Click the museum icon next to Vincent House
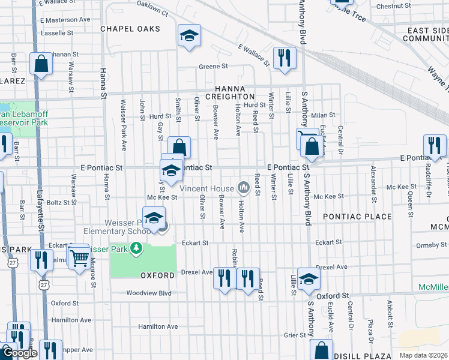244,188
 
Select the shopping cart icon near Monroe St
79,258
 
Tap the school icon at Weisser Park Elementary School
154,218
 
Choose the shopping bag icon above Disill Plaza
322,350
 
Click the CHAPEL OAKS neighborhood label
130,29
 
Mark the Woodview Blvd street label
148,293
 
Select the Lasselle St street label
57,33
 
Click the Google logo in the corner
19,353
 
